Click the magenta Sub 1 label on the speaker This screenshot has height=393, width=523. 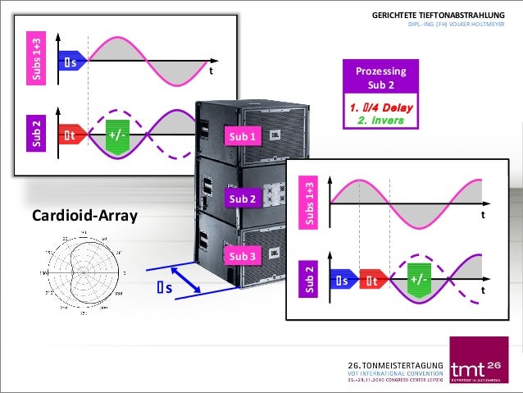coord(243,136)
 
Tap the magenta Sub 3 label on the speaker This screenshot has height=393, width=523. coord(243,256)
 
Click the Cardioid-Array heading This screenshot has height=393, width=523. coord(85,217)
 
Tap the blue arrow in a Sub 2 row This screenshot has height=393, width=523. coord(342,281)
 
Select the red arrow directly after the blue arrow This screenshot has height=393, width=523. coord(374,281)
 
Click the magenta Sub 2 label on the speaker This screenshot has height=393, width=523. coord(243,199)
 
